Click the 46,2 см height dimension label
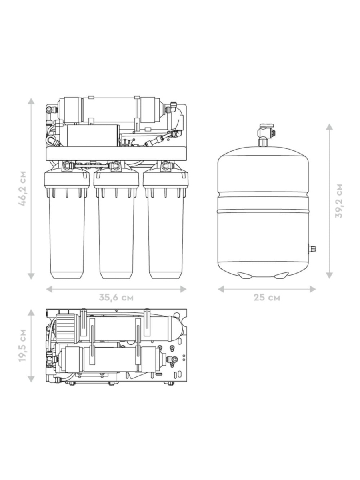(22, 188)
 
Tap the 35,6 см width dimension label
(116, 298)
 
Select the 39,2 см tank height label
(338, 201)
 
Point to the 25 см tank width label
(267, 298)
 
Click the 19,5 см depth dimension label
(22, 346)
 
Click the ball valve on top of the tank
(265, 135)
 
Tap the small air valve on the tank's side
(312, 248)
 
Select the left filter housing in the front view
(67, 221)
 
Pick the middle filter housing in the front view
(116, 221)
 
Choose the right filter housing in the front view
(166, 221)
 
